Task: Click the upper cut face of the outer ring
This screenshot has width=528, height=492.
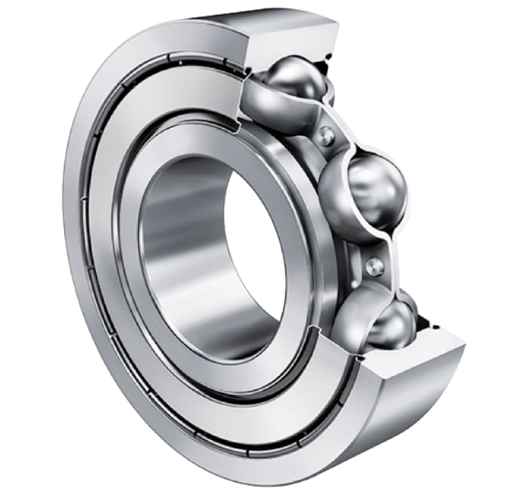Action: click(290, 38)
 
